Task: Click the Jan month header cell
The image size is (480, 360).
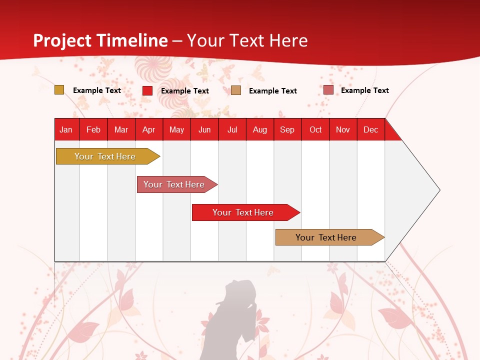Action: point(66,129)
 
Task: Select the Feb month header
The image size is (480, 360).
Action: point(93,129)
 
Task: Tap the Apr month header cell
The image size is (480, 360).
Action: point(148,129)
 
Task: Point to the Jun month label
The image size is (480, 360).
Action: point(204,129)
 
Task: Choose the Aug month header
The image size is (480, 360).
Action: point(260,129)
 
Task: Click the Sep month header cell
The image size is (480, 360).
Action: point(287,129)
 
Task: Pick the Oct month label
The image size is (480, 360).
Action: point(315,129)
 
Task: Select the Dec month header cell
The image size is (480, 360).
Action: point(370,129)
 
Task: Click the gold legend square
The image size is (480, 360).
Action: point(59,90)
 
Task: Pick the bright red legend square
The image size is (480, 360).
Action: point(147,90)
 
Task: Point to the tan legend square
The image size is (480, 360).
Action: point(236,90)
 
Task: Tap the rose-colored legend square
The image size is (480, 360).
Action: point(328,90)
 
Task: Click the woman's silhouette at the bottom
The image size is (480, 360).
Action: point(235,320)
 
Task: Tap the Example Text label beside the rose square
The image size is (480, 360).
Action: point(364,90)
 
